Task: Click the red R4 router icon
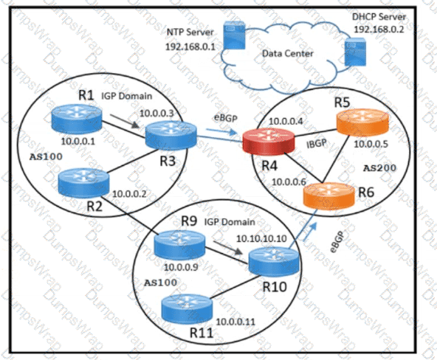(269, 141)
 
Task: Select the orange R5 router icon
(362, 122)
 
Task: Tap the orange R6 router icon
(329, 196)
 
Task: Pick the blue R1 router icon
(77, 119)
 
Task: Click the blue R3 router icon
(171, 135)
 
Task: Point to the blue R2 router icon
(83, 183)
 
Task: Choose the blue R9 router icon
(180, 245)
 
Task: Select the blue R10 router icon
(274, 261)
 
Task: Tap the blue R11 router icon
(187, 309)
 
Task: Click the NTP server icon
(234, 35)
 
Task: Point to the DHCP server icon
(355, 52)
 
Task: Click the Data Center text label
(288, 53)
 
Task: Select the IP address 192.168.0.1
(190, 46)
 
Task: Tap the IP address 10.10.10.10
(261, 238)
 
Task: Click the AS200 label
(379, 168)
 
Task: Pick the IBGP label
(317, 143)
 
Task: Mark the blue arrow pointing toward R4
(221, 131)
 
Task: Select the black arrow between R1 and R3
(124, 122)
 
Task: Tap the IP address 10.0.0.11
(235, 322)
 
